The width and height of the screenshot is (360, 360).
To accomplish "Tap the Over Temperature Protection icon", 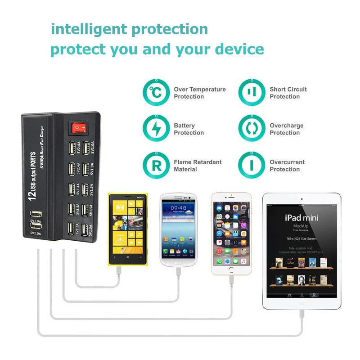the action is (156, 93).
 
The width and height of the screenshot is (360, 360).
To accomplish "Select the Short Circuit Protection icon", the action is (252, 93).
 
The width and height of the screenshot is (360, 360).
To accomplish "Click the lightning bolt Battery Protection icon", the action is (156, 129).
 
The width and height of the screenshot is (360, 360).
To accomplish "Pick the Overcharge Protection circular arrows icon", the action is (252, 129).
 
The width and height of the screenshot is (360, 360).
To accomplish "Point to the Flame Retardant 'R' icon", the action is (156, 166).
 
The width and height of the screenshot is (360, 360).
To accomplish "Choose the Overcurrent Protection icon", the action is (252, 166).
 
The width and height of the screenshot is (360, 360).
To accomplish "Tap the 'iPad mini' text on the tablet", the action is (301, 218).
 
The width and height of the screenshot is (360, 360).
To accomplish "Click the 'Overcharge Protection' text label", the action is (286, 129).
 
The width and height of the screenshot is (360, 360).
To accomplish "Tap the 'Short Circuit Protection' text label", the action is (288, 93).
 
